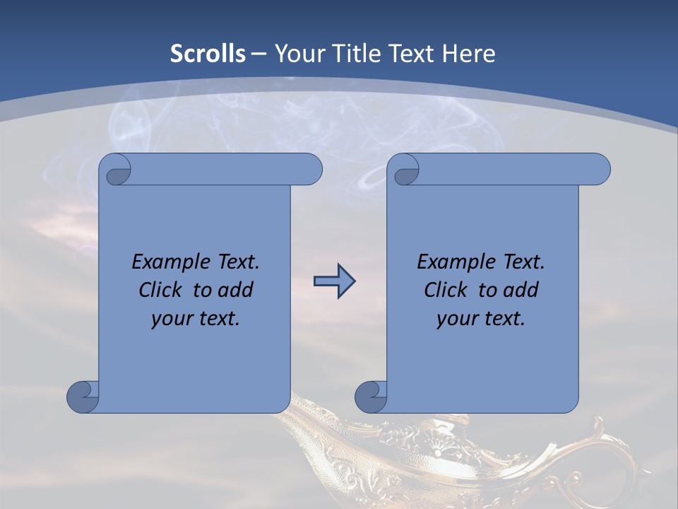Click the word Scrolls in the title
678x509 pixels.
pyautogui.click(x=208, y=54)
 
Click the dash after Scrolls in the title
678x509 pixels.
pyautogui.click(x=259, y=54)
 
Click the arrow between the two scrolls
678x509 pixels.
pyautogui.click(x=334, y=281)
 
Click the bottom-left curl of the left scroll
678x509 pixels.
pyautogui.click(x=83, y=397)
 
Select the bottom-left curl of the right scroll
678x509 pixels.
pyautogui.click(x=371, y=397)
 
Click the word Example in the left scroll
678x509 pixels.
pyautogui.click(x=169, y=262)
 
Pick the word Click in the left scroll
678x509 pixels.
pyautogui.click(x=161, y=290)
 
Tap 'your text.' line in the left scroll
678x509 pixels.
pyautogui.click(x=196, y=319)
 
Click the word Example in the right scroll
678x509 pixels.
pyautogui.click(x=454, y=262)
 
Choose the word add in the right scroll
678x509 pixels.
pyautogui.click(x=518, y=290)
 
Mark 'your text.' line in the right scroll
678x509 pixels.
pyautogui.click(x=481, y=319)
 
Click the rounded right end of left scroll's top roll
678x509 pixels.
pyautogui.click(x=311, y=170)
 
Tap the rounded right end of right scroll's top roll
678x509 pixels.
pyautogui.click(x=599, y=170)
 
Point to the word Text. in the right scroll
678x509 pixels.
pyautogui.click(x=523, y=262)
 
